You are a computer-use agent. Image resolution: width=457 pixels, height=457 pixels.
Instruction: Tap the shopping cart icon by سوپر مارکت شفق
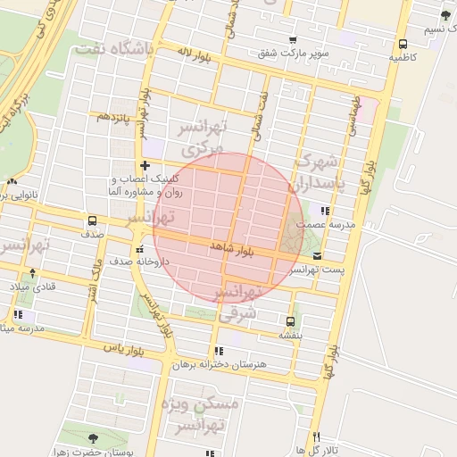click(293, 40)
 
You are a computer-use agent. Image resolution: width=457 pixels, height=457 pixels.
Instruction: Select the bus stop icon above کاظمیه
click(403, 43)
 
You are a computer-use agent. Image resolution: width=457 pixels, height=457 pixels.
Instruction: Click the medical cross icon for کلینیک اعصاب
click(145, 166)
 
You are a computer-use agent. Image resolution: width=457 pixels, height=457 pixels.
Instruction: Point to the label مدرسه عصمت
click(330, 224)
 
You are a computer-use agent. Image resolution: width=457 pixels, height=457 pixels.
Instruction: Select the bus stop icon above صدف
click(92, 221)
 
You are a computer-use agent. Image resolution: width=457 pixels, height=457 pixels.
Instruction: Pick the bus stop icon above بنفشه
click(290, 321)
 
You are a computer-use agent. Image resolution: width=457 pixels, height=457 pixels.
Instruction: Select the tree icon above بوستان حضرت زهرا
click(94, 438)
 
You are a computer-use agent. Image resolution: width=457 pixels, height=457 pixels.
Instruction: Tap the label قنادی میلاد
click(32, 286)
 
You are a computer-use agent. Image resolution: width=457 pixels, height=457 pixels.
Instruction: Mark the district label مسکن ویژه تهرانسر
click(201, 415)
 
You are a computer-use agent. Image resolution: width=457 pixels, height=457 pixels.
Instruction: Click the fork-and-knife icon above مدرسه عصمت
click(325, 211)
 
